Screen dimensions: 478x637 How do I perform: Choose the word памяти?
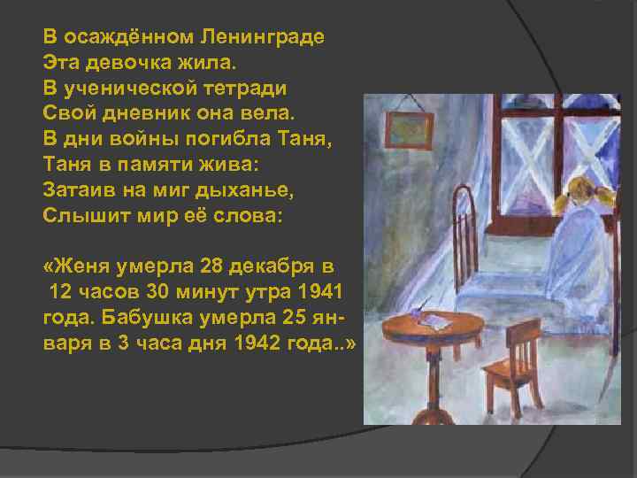154,165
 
